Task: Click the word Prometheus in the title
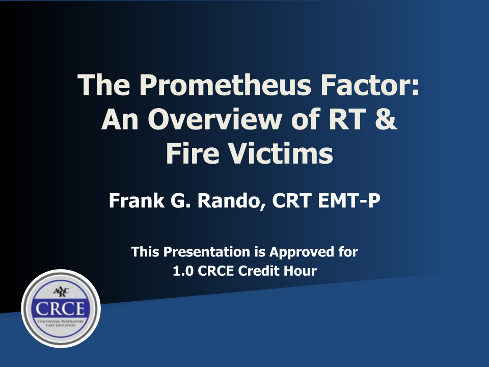coord(225,85)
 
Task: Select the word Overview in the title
coord(215,119)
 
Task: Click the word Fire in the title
coord(193,153)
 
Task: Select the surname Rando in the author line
coord(230,200)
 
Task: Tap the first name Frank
coord(137,200)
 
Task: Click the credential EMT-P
coord(349,200)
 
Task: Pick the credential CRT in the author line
coord(291,200)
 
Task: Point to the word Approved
coord(301,252)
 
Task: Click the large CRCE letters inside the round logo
coord(60,309)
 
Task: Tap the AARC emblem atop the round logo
coord(61,292)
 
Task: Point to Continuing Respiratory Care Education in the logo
coord(61,323)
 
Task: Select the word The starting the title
coord(103,85)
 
